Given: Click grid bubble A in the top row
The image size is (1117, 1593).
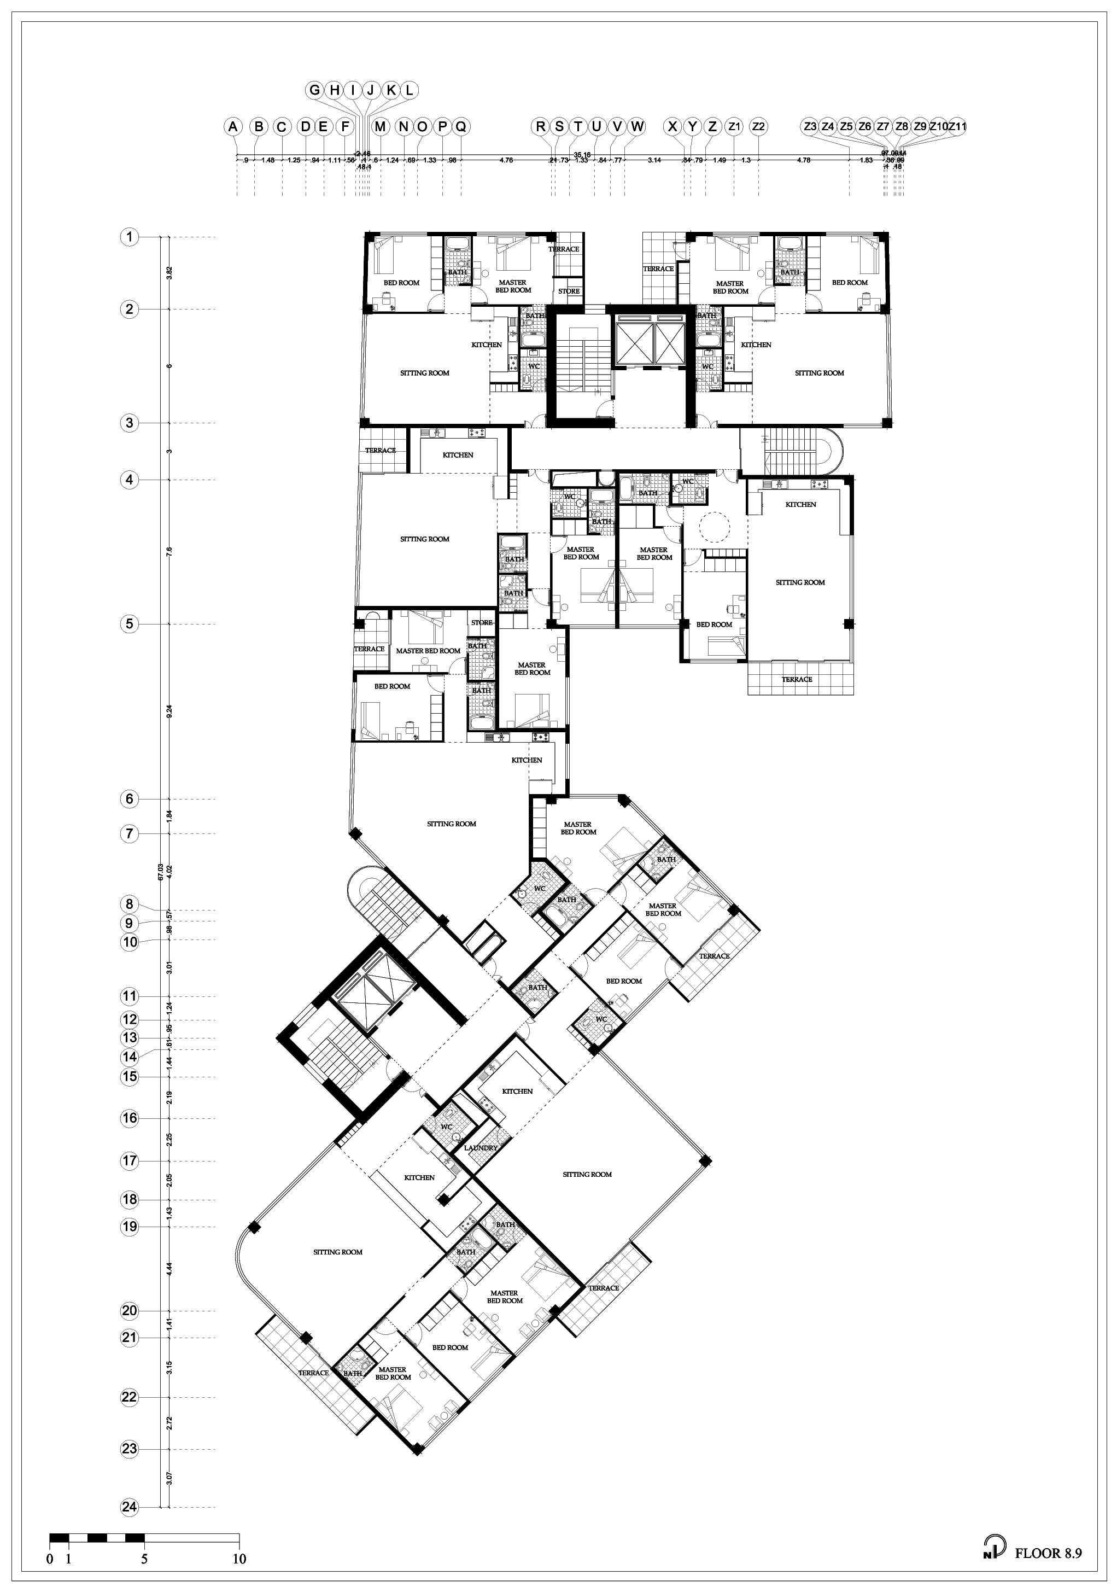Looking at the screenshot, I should (x=233, y=126).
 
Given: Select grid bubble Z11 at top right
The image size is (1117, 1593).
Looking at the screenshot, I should (x=957, y=126).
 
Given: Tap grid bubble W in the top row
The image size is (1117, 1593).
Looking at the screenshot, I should (x=637, y=126).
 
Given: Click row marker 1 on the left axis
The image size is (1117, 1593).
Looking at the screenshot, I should (x=129, y=237).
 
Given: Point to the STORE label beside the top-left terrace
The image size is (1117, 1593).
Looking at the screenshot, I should (x=569, y=291).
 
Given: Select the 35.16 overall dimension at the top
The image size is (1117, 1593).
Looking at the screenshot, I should (x=581, y=155).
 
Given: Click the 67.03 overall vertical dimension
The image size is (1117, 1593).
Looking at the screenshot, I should (x=161, y=872).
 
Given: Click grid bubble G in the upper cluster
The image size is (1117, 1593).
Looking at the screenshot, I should (x=314, y=90).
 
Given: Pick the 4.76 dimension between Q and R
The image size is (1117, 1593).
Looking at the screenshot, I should (x=506, y=160).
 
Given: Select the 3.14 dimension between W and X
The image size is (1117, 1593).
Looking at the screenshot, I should (x=653, y=160).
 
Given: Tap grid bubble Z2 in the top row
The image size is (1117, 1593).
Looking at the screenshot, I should (x=759, y=126).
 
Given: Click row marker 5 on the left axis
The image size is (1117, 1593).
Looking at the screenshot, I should (x=129, y=624).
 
